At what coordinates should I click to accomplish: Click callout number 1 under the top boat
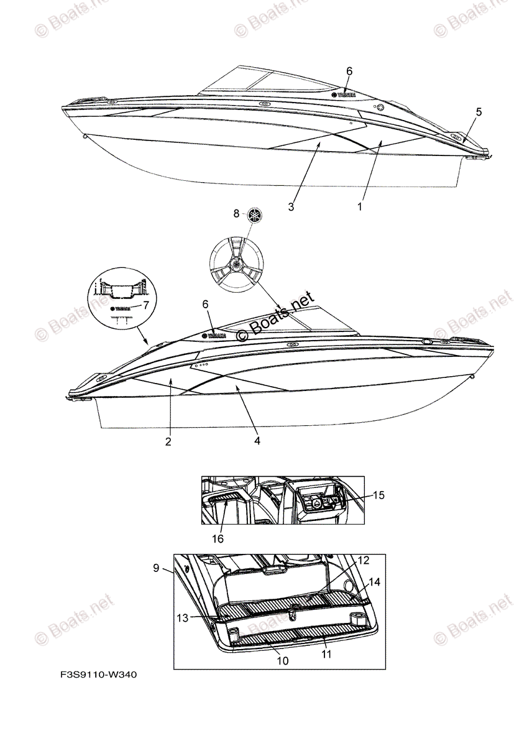359,207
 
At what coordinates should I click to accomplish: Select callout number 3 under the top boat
291,207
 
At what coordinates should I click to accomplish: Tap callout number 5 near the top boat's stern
479,112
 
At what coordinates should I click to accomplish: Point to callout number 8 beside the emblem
236,213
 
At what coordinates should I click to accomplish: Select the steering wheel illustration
236,264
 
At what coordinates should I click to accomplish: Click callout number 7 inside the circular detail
145,305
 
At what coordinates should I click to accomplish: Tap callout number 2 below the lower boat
168,442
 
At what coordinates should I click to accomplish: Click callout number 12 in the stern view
363,561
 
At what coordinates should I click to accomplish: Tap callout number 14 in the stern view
373,583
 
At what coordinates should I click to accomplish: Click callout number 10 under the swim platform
282,661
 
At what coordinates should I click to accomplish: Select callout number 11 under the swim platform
327,655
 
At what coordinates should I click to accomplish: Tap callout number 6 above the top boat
349,71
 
